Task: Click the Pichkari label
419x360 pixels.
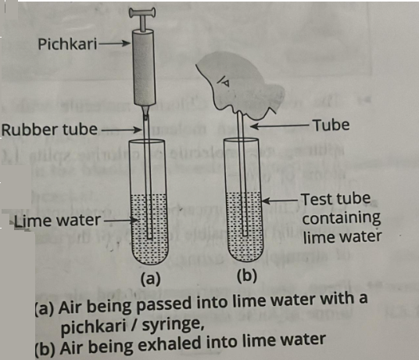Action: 67,44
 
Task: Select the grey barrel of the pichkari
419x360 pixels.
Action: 144,67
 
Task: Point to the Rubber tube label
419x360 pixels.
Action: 50,129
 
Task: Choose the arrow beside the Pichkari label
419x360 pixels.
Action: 114,43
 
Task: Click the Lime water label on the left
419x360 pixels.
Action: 57,221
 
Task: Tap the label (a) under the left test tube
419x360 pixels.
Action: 151,279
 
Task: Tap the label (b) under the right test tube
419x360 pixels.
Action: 247,275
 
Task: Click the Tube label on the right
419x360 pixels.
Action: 331,125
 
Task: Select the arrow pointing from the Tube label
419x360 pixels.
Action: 280,126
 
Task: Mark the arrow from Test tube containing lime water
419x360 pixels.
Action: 280,200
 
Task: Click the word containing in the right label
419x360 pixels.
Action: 342,218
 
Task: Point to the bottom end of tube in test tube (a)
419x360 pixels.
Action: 149,238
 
